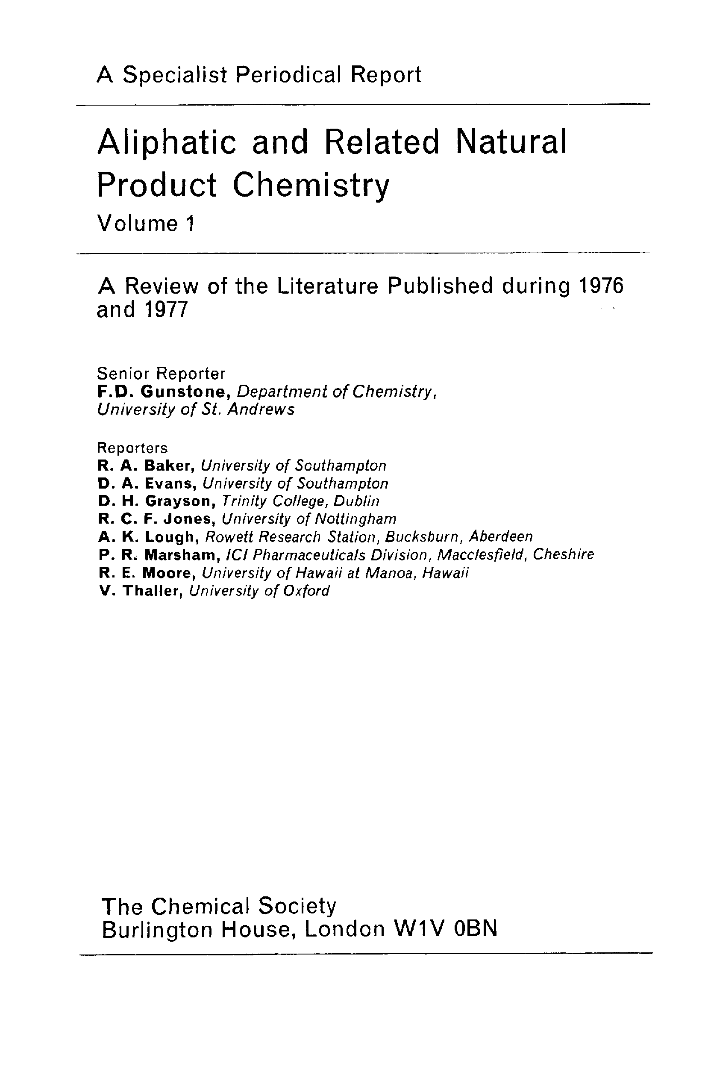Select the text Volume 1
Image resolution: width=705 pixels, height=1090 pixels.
146,224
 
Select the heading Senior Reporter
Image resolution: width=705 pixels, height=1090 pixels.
161,374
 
